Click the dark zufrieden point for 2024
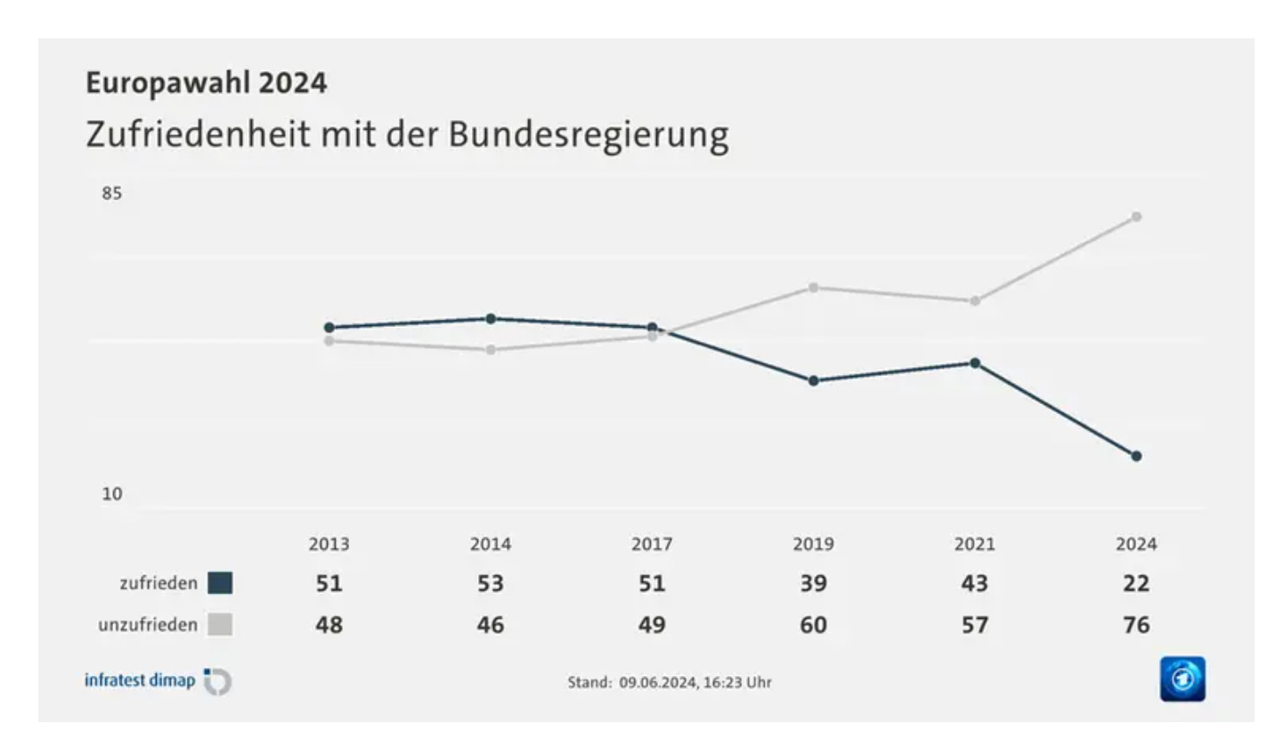pos(1136,456)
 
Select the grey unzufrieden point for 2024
pos(1136,216)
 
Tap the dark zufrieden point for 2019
pos(813,380)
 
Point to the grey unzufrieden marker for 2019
pos(813,287)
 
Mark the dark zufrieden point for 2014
pos(491,318)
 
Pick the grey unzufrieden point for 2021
pos(975,301)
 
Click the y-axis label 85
pos(111,193)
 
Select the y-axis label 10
pos(111,493)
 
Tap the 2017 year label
pos(652,544)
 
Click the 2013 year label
pos(329,544)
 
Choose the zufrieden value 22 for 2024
pos(1136,583)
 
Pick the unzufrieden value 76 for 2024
pos(1136,625)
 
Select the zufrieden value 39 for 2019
pos(813,583)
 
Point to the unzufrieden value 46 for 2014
pos(491,625)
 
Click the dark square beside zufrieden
pos(220,583)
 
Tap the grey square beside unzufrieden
pos(220,625)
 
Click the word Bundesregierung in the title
pos(589,134)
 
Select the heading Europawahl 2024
pos(207,83)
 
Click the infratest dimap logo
pos(158,681)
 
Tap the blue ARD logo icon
pos(1182,679)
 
